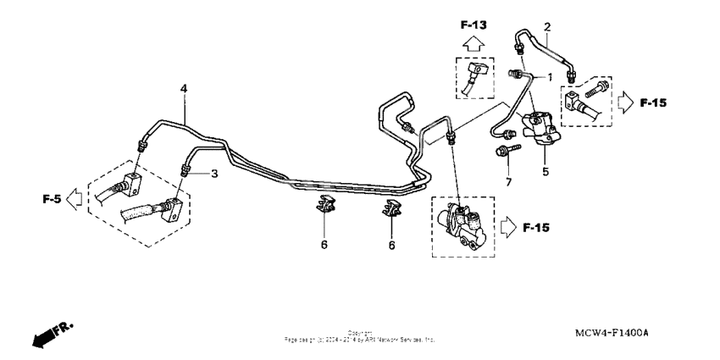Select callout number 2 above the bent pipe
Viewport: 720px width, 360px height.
(547, 25)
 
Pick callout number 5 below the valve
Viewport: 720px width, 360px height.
(546, 170)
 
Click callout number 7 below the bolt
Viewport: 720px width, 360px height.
(508, 182)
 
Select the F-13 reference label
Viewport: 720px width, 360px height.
(475, 25)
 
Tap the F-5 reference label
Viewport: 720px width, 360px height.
(53, 200)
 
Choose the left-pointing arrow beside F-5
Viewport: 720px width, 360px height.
(75, 200)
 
